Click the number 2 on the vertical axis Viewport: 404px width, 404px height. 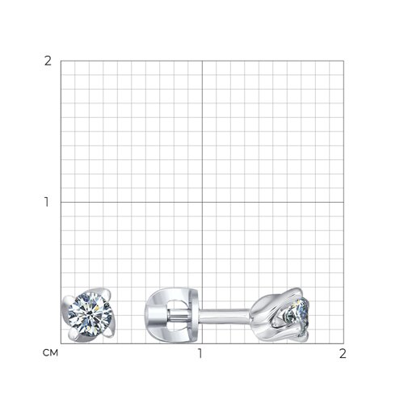(x=48, y=61)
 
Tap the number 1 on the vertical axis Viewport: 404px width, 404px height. (x=47, y=202)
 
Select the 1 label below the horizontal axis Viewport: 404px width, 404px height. (x=200, y=354)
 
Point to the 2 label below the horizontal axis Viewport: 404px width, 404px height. (x=343, y=354)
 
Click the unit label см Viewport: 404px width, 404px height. (x=50, y=353)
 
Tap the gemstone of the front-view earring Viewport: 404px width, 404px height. (x=90, y=315)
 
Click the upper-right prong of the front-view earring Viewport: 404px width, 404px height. (x=107, y=294)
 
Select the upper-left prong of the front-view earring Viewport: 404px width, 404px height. (x=67, y=301)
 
